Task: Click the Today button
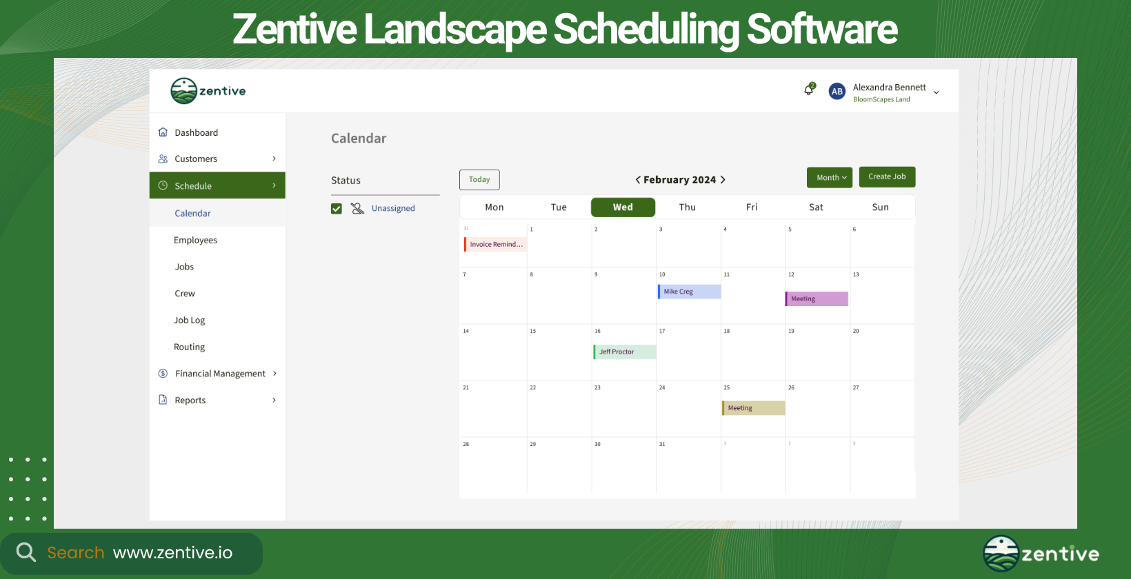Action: (479, 180)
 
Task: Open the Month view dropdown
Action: (830, 177)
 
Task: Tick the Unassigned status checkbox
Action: (337, 209)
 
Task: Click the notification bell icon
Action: (809, 90)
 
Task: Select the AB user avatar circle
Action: (837, 91)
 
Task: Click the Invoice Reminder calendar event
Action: (496, 244)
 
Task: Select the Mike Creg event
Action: (689, 292)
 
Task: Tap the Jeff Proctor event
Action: (625, 352)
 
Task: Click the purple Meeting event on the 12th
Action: (817, 298)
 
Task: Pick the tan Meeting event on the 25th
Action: (754, 408)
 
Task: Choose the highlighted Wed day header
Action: (623, 207)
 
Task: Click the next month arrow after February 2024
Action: (723, 180)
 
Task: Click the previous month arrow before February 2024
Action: (638, 180)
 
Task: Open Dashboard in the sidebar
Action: (196, 132)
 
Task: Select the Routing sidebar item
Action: (190, 347)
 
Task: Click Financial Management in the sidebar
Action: (220, 374)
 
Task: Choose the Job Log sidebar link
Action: (190, 320)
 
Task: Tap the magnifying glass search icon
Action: (26, 552)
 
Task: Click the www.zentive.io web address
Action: (172, 553)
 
